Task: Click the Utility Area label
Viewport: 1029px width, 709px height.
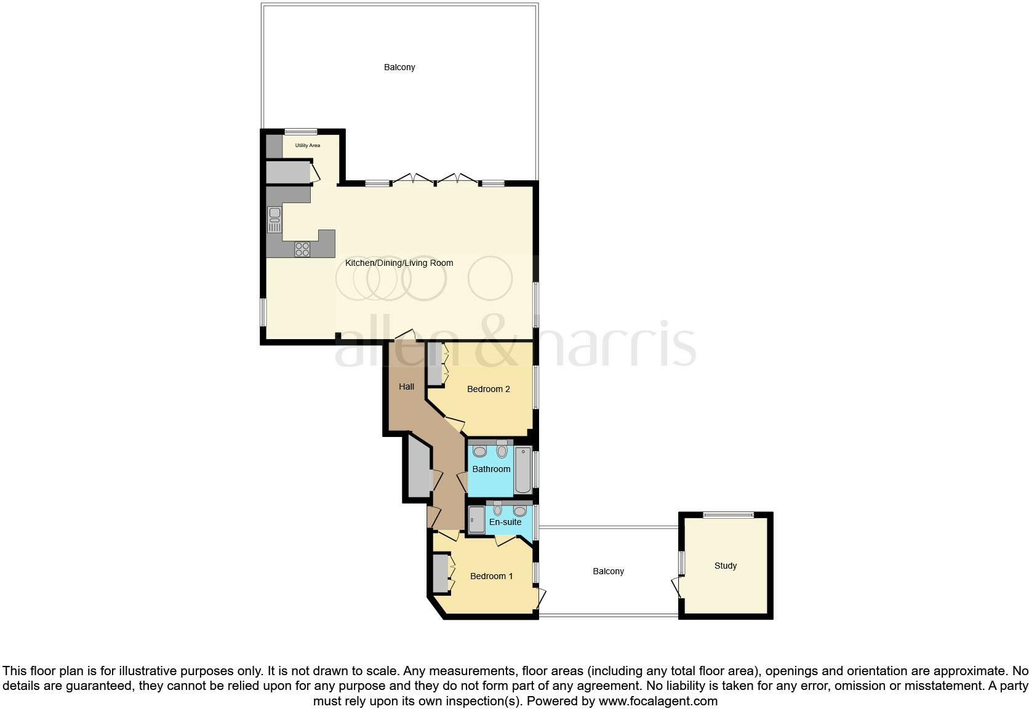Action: click(x=307, y=146)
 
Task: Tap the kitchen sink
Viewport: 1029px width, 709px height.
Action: click(x=274, y=220)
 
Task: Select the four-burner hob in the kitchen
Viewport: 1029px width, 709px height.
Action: click(x=302, y=249)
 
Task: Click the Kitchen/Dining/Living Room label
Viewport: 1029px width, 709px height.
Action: click(x=399, y=263)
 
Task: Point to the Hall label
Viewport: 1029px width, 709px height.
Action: click(x=406, y=387)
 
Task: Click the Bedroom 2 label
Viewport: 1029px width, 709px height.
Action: click(x=488, y=389)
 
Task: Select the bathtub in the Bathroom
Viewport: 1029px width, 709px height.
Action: click(x=523, y=470)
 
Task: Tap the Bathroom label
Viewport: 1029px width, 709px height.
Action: click(x=491, y=469)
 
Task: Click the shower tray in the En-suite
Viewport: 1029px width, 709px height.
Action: click(x=476, y=519)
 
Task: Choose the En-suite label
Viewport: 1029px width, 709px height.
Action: click(x=505, y=522)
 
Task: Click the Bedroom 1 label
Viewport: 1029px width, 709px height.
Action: click(x=491, y=576)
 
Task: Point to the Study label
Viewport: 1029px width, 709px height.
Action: click(x=726, y=566)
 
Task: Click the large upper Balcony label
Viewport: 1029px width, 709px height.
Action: click(x=399, y=67)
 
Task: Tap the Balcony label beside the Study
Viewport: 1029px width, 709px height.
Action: click(x=608, y=571)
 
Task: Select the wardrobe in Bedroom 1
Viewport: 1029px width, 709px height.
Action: click(x=439, y=574)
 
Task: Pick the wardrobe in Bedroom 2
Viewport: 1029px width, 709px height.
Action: click(x=434, y=364)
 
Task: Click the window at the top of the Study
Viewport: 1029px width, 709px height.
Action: click(x=729, y=515)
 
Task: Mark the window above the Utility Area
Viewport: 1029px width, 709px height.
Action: click(x=301, y=131)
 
